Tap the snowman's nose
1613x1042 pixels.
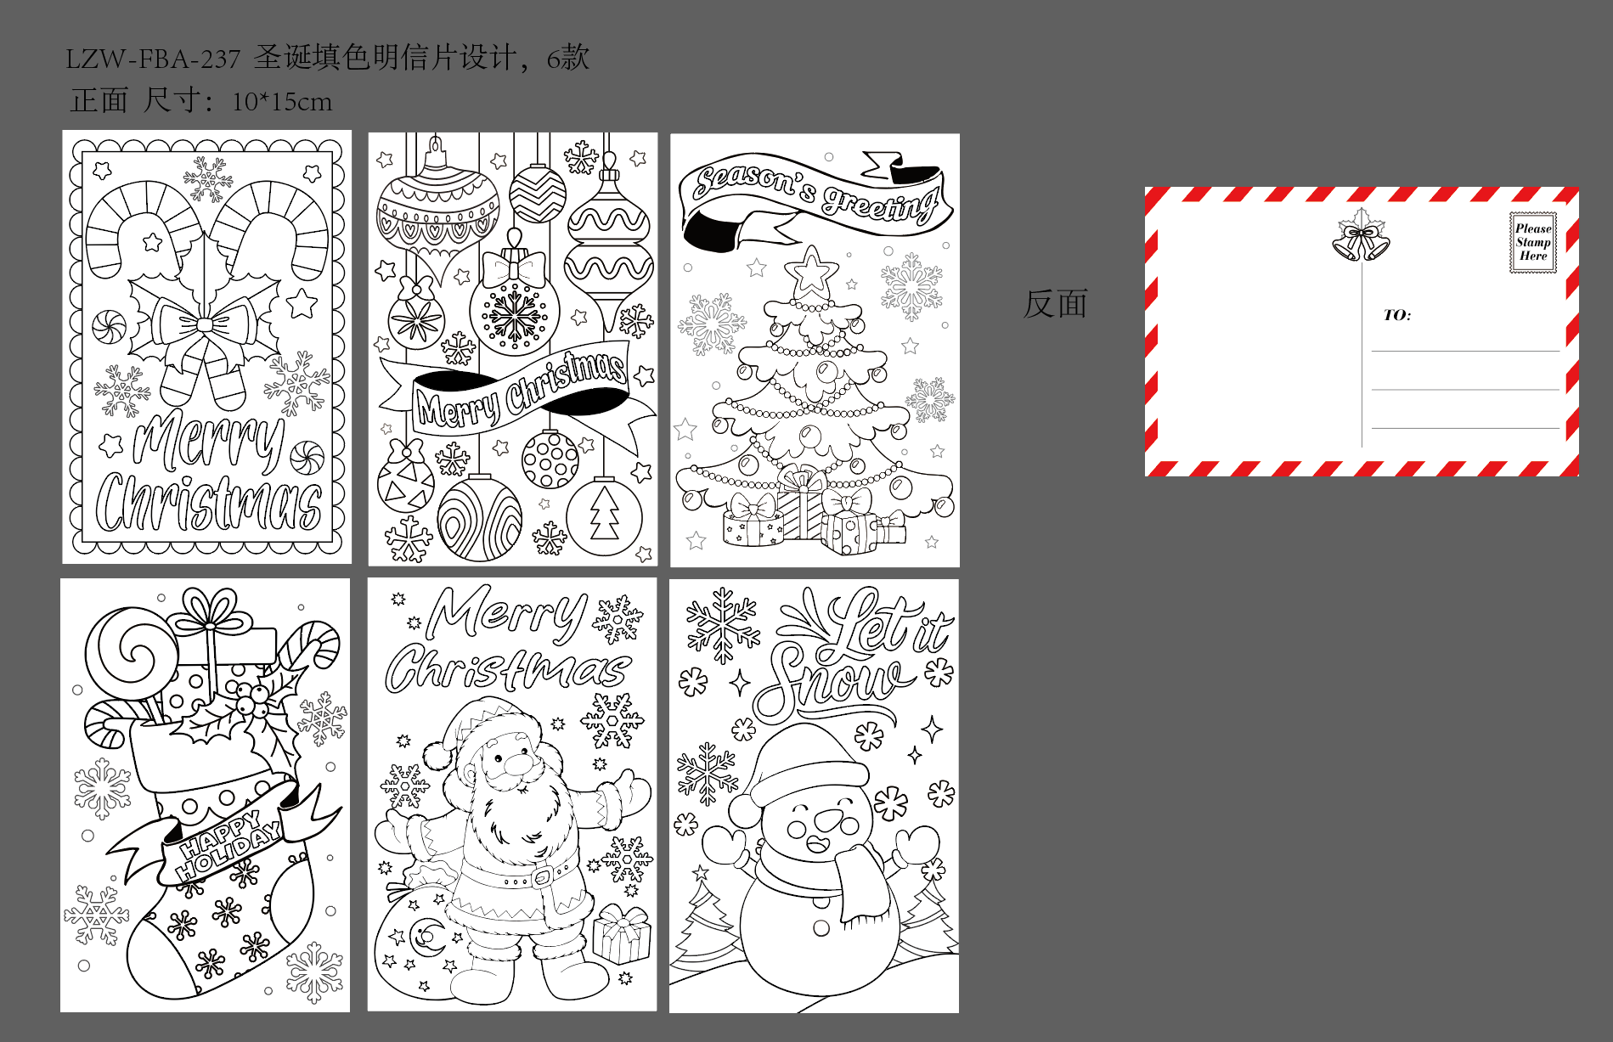pyautogui.click(x=827, y=820)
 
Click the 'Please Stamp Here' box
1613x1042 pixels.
pyautogui.click(x=1533, y=243)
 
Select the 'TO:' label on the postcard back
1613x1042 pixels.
pyautogui.click(x=1397, y=315)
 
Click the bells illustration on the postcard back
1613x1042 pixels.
pyautogui.click(x=1361, y=238)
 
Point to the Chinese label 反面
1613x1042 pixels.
pyautogui.click(x=1055, y=304)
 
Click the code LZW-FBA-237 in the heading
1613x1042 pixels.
pyautogui.click(x=153, y=59)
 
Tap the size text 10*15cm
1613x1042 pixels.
pyautogui.click(x=282, y=102)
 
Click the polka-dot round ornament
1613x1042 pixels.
pyautogui.click(x=550, y=459)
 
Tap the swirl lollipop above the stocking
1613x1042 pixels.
pyautogui.click(x=132, y=655)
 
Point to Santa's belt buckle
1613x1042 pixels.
pyautogui.click(x=541, y=874)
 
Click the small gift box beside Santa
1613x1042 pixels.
pyautogui.click(x=622, y=933)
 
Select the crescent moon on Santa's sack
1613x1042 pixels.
pyautogui.click(x=424, y=938)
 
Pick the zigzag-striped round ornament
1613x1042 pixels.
pyautogui.click(x=538, y=194)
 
